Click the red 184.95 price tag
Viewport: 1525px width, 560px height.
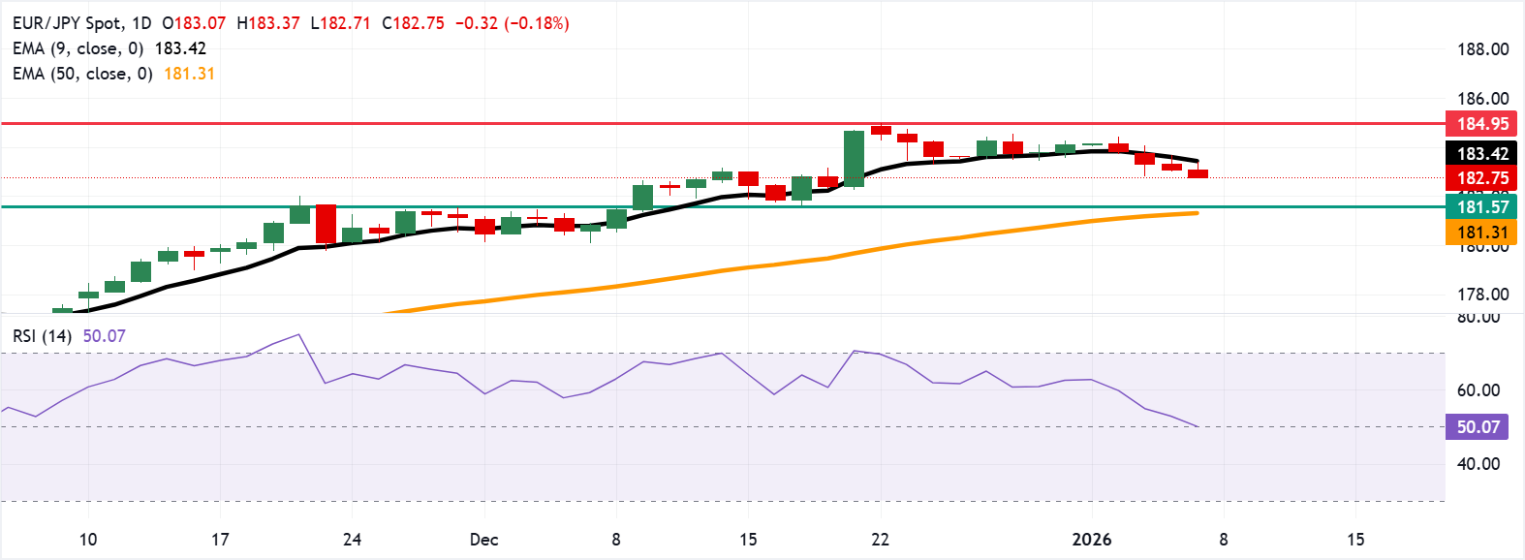point(1482,124)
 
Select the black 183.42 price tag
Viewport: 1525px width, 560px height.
point(1482,154)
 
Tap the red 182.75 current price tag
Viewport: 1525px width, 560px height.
point(1482,178)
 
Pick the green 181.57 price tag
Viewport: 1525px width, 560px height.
point(1482,206)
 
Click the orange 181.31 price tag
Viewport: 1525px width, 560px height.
point(1482,233)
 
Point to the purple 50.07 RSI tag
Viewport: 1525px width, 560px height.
point(1477,427)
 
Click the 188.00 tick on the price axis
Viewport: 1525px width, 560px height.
point(1482,49)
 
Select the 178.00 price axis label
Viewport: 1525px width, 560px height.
point(1482,295)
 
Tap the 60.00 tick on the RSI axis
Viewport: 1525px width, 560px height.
point(1478,390)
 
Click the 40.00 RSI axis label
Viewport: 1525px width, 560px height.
point(1478,464)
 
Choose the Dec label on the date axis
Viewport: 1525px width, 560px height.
point(483,540)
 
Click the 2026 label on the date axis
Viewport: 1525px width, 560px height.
point(1092,540)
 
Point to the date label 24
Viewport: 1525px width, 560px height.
point(352,540)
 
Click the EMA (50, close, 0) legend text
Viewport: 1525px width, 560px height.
point(82,74)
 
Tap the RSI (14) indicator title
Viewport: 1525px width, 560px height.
point(42,336)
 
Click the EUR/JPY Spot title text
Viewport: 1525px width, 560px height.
point(68,23)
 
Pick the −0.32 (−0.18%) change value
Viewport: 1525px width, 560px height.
point(512,23)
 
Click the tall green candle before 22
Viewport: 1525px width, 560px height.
point(854,158)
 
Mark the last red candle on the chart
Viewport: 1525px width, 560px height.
point(1198,173)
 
